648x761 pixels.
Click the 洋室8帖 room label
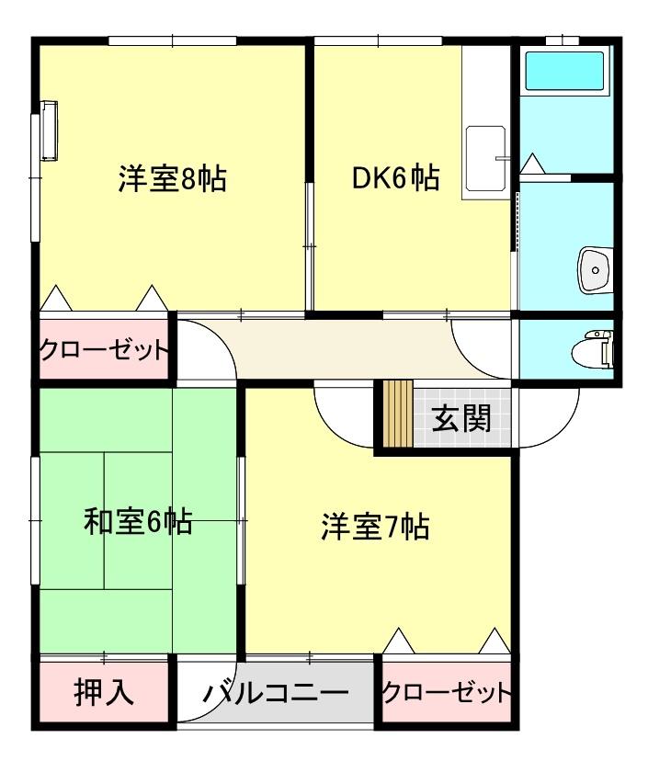pos(172,178)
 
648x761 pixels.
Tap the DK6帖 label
pos(395,177)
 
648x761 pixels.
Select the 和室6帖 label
pos(138,522)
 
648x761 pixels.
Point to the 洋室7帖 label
pos(376,528)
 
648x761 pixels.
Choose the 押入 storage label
pos(104,692)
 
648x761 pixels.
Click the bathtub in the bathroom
pos(563,72)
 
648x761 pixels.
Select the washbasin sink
pos(594,270)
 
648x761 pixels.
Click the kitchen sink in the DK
pos(486,158)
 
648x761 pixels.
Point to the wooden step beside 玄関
pos(397,413)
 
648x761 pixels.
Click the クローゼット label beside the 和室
pos(104,350)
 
